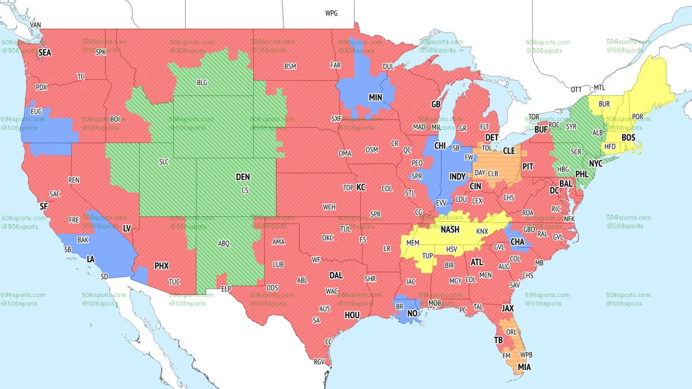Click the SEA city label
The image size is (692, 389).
point(45,52)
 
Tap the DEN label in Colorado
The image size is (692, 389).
point(243,178)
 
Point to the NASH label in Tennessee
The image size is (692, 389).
point(450,229)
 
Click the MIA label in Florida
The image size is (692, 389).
point(525,367)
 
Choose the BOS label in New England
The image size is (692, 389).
point(628,138)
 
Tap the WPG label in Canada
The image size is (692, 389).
point(332,13)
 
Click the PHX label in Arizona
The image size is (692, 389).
point(161,266)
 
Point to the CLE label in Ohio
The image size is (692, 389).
point(509,151)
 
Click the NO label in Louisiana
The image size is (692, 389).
point(412,314)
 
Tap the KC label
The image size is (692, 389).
point(361,187)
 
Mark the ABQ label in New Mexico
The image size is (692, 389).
point(224,244)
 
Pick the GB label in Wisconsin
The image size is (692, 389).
point(436,105)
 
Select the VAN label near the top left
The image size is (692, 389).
point(36,25)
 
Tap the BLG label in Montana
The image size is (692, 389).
point(202,83)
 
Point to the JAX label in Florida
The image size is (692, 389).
point(507,309)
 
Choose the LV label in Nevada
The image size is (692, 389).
point(127,229)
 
